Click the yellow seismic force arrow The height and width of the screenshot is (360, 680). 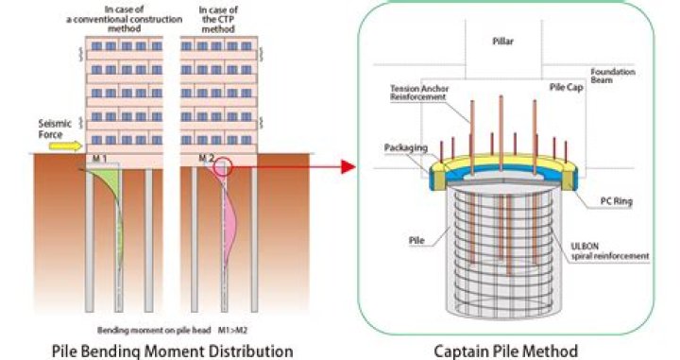pos(65,146)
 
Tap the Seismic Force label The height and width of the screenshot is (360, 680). pos(55,129)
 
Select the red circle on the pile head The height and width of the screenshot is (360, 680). pos(223,167)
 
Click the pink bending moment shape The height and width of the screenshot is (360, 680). pos(229,213)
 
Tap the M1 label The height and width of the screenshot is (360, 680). pos(100,159)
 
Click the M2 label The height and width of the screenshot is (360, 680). pos(207,159)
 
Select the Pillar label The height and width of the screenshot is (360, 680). pos(502,42)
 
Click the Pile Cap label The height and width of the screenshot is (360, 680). pos(567,87)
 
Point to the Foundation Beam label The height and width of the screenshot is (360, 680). pos(613,76)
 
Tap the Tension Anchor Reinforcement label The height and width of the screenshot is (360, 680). pos(419,93)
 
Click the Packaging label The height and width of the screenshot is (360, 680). pos(406,148)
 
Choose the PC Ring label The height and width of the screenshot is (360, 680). pos(616,201)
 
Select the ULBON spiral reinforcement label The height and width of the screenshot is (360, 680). pos(610,251)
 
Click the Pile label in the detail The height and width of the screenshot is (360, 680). pos(416,241)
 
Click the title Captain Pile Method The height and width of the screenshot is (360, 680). pos(505,351)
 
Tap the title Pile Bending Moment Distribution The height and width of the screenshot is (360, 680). pos(172,351)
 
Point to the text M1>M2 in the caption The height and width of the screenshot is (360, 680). pos(232,331)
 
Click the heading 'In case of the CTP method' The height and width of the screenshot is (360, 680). pos(218,20)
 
